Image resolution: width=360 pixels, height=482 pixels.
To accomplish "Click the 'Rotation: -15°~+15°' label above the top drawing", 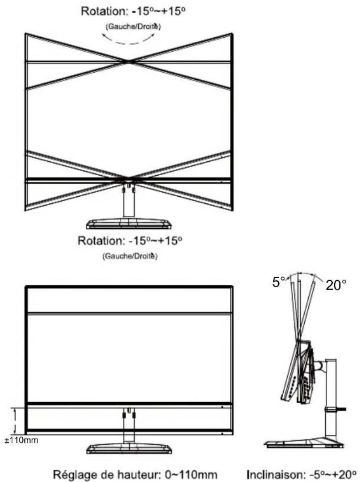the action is tap(133, 11).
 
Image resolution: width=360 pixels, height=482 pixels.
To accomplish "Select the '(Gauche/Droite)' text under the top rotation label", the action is tap(133, 27).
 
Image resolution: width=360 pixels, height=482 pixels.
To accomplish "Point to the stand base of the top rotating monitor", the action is tap(128, 224).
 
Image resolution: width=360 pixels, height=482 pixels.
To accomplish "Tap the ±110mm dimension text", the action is tap(21, 440).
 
